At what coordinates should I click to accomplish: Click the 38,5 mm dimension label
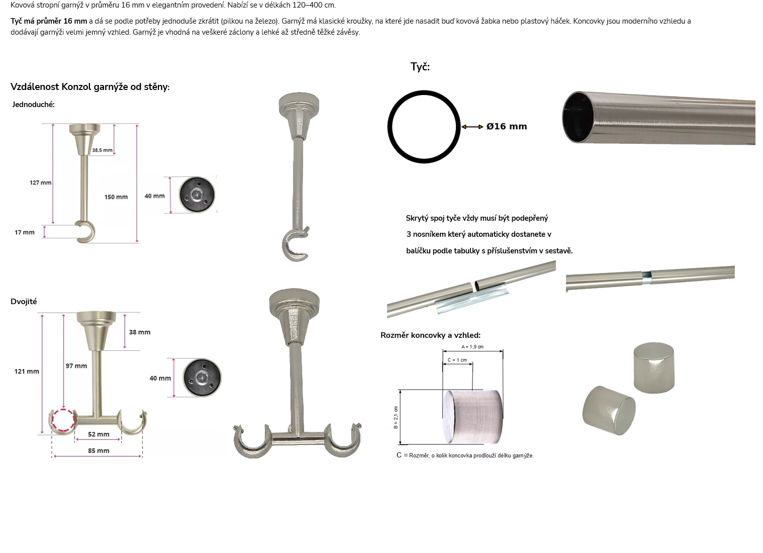tap(102, 150)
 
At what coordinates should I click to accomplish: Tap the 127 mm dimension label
tap(41, 182)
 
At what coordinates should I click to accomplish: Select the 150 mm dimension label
tap(116, 197)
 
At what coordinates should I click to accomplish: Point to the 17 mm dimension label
tap(25, 232)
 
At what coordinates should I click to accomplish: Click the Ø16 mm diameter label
tap(507, 126)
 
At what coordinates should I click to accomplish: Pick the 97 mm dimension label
tap(76, 366)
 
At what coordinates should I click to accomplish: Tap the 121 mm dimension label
tap(27, 372)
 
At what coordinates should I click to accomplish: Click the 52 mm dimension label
tap(99, 434)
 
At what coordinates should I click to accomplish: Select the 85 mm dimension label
tap(99, 451)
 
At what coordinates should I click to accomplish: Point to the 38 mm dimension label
tap(140, 332)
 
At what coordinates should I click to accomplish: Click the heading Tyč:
tap(420, 67)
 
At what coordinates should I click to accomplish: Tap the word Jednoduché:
tap(33, 105)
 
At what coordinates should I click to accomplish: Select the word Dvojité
tap(24, 302)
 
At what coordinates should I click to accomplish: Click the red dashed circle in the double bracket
tap(63, 410)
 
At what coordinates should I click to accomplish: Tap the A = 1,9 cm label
tap(472, 347)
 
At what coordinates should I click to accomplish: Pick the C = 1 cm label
tap(457, 360)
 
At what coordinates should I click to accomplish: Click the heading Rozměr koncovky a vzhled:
tap(431, 335)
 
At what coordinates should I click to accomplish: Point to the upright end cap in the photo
tap(654, 368)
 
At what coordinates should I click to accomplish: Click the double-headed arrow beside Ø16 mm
tap(472, 127)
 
